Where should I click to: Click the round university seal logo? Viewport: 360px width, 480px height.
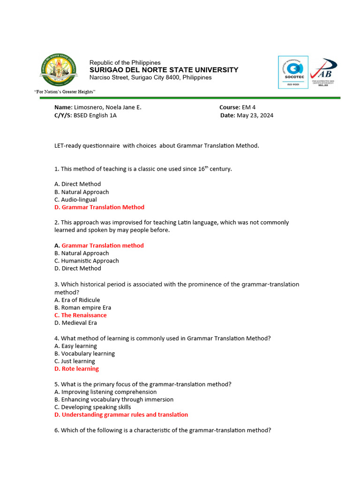[x=59, y=71]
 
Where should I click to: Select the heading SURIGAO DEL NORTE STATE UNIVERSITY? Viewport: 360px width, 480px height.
[x=164, y=70]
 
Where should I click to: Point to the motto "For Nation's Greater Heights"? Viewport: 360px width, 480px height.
[x=65, y=91]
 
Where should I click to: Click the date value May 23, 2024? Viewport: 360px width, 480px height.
[x=255, y=115]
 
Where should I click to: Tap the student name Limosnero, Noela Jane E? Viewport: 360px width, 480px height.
[x=107, y=107]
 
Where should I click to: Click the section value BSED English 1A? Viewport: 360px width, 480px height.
[x=95, y=115]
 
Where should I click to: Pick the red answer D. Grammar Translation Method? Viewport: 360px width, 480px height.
[x=99, y=207]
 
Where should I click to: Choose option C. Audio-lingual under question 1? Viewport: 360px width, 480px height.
[x=75, y=200]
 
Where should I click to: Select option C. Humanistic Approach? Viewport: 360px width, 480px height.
[x=87, y=261]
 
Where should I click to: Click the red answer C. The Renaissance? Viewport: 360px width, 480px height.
[x=81, y=315]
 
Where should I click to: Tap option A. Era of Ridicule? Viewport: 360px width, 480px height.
[x=77, y=300]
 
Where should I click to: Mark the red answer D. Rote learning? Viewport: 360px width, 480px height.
[x=76, y=369]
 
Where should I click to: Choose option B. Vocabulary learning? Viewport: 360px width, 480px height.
[x=84, y=353]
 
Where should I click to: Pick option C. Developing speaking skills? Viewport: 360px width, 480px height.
[x=93, y=407]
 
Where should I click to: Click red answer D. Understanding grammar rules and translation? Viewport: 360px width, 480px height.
[x=121, y=415]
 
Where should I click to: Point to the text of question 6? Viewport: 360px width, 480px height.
[x=163, y=430]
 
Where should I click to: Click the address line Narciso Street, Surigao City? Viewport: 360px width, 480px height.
[x=150, y=77]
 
